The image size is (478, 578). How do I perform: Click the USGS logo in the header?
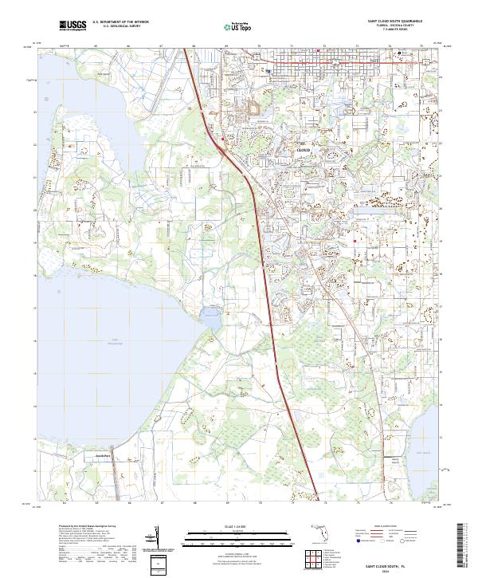click(72, 26)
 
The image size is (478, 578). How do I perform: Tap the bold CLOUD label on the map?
click(304, 150)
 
